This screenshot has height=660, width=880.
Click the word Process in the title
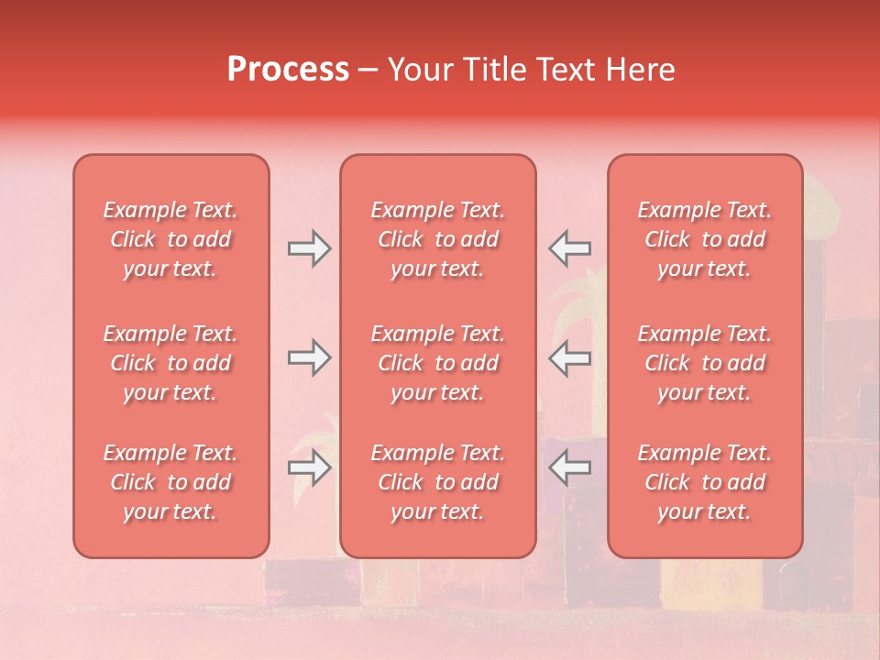288,70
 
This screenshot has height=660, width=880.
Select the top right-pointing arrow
309,248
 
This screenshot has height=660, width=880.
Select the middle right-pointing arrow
309,357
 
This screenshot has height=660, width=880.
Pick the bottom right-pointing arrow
309,467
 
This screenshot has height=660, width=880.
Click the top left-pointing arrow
569,248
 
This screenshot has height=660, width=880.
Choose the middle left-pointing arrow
569,357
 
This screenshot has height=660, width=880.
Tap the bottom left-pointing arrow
569,467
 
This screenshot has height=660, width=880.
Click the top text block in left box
170,239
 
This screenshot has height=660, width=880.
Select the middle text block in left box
170,363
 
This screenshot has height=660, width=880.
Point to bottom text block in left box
170,482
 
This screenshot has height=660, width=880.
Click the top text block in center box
437,239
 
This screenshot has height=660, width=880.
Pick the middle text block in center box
437,363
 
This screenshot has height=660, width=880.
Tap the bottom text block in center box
437,482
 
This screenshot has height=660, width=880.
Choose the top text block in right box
705,239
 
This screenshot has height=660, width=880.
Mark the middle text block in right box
705,363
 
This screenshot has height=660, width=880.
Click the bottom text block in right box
705,482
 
